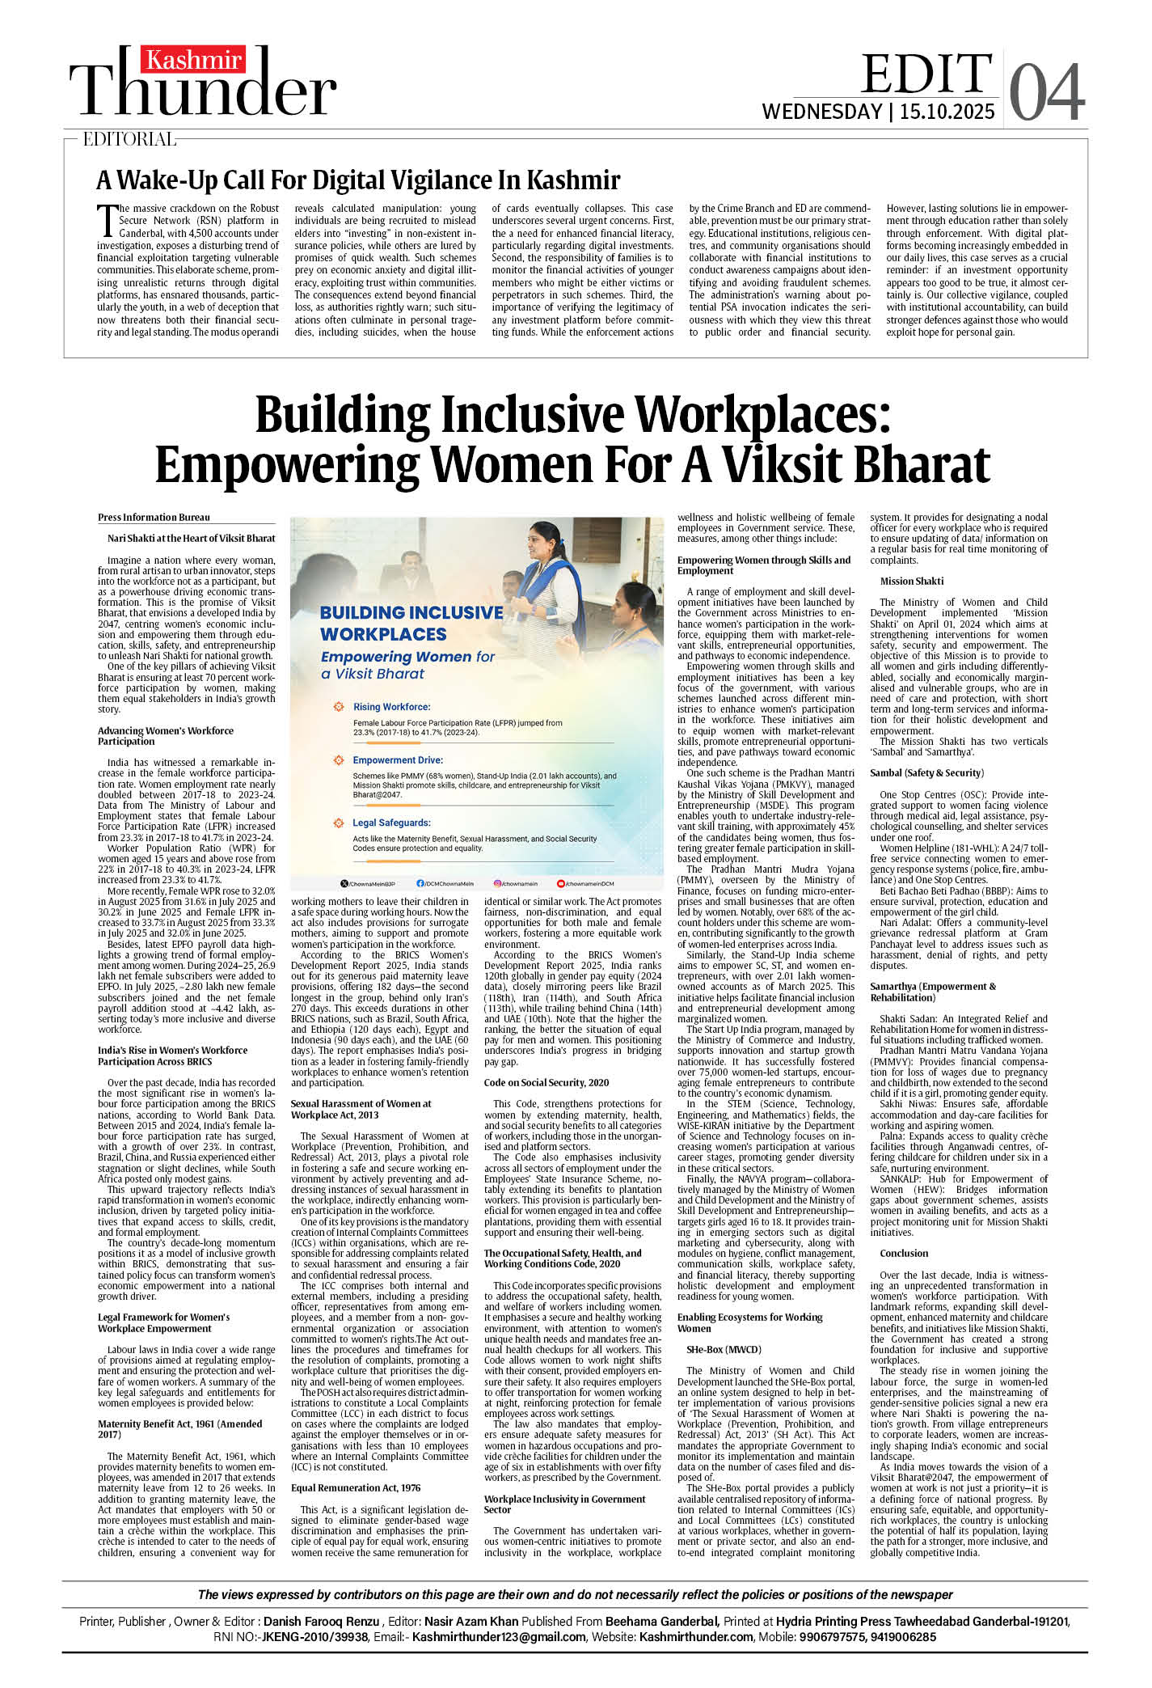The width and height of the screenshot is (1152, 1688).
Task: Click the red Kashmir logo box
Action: click(194, 60)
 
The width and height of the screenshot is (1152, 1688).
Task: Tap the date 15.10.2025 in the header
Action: click(947, 112)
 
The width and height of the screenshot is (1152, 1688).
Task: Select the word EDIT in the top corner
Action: click(926, 74)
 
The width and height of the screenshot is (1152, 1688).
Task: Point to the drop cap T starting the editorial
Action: click(106, 218)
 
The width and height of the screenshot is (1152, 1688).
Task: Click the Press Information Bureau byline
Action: click(154, 518)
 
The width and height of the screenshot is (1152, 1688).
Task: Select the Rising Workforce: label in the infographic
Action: click(391, 707)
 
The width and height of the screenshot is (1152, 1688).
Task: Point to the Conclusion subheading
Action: click(904, 1253)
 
